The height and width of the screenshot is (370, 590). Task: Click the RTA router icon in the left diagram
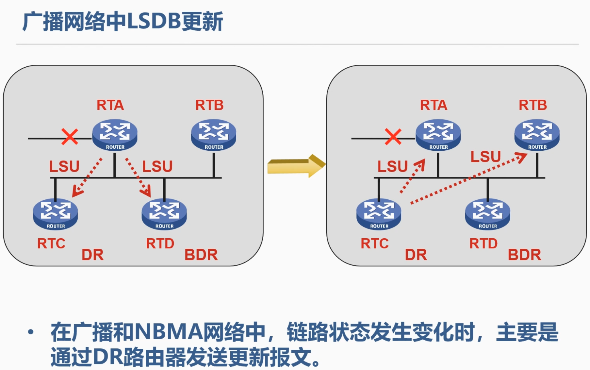115,135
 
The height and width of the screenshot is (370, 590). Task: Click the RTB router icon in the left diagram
213,135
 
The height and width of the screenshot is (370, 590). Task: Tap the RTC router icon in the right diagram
379,214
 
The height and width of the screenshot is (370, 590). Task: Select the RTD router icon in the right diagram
487,214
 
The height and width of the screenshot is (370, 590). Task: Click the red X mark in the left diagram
70,137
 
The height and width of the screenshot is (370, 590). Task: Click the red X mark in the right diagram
393,137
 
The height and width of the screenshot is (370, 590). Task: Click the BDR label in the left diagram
201,255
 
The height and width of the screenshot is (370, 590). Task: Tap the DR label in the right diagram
416,255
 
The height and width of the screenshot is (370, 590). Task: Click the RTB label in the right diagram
533,105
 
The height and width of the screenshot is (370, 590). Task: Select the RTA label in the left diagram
110,105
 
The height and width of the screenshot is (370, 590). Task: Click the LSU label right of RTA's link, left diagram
157,166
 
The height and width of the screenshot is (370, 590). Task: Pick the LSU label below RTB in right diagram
485,157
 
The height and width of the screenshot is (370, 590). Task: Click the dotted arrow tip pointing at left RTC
76,193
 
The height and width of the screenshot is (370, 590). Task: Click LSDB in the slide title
154,22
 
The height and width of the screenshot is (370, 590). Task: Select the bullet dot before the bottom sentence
31,332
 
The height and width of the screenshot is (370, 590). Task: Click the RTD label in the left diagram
160,244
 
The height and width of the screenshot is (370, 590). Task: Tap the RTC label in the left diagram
51,244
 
